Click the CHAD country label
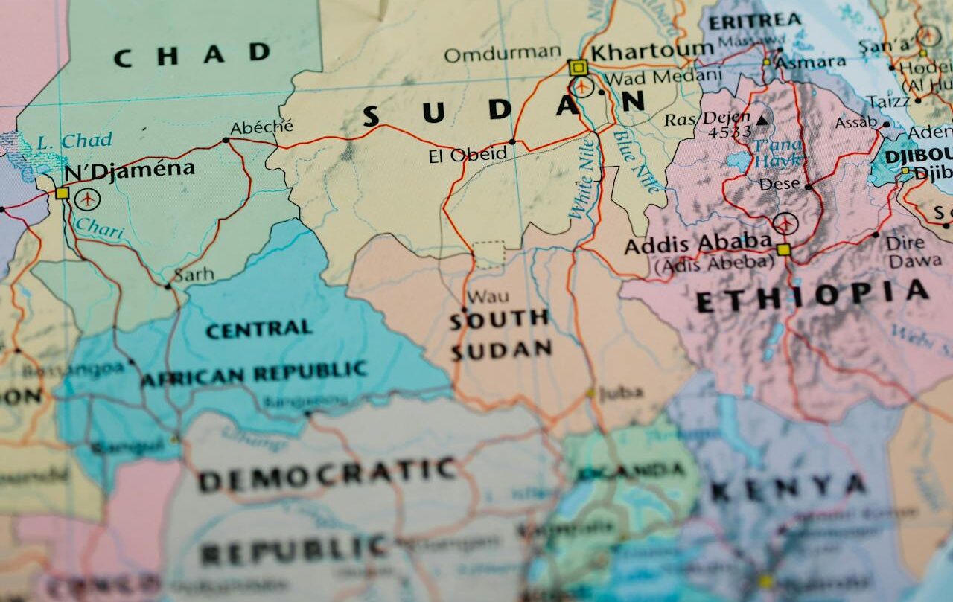pyautogui.click(x=192, y=54)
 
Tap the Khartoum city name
pyautogui.click(x=652, y=51)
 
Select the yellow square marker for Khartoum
pyautogui.click(x=577, y=68)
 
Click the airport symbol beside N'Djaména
pyautogui.click(x=87, y=199)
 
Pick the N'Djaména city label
pyautogui.click(x=130, y=170)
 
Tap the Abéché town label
pyautogui.click(x=261, y=127)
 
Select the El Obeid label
pyautogui.click(x=468, y=156)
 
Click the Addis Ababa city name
pyautogui.click(x=698, y=243)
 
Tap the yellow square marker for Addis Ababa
pyautogui.click(x=783, y=249)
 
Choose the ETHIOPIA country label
pyautogui.click(x=812, y=297)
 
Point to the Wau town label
pyautogui.click(x=488, y=296)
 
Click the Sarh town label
pyautogui.click(x=194, y=275)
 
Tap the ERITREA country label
pyautogui.click(x=754, y=21)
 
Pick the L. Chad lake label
pyautogui.click(x=74, y=140)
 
